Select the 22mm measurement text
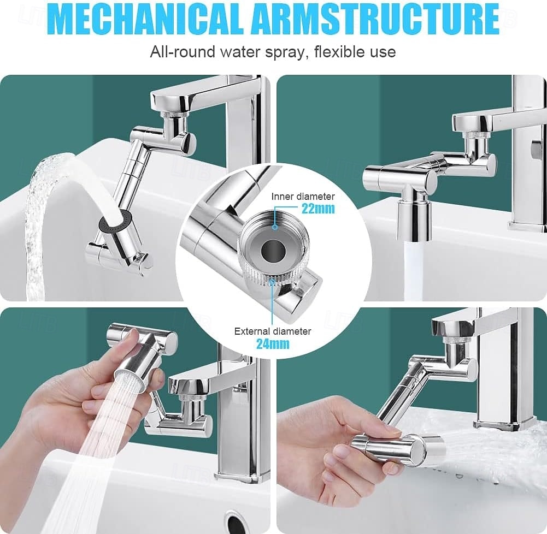[318, 208]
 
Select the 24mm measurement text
[273, 343]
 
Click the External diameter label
[273, 331]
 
